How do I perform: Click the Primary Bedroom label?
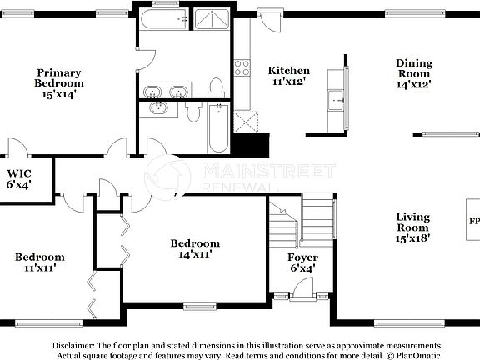point(59,83)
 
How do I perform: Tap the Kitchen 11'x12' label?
point(288,77)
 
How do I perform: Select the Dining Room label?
point(413,72)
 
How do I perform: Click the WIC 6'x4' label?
point(19,178)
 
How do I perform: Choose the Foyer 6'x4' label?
point(302,263)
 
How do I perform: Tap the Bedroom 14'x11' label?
point(195,248)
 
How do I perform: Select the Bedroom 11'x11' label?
point(39,262)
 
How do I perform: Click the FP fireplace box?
point(472,222)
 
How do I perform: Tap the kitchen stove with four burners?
point(242,67)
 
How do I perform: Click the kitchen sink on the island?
point(337,100)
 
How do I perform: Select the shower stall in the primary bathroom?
point(208,21)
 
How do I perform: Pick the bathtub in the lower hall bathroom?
point(217,127)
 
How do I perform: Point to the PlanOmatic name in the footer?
point(416,355)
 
